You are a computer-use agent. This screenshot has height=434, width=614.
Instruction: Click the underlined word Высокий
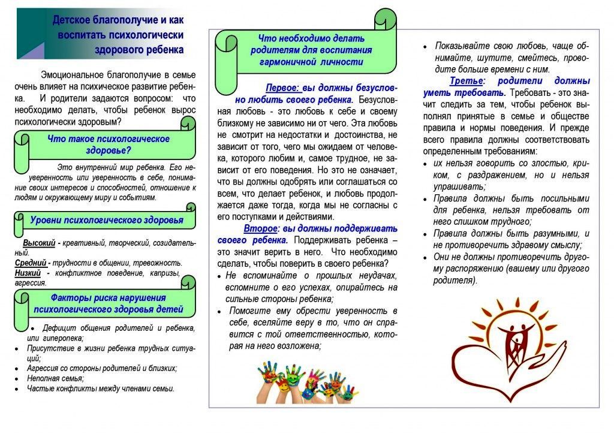(40, 244)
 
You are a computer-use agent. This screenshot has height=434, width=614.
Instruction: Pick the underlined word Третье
(466, 81)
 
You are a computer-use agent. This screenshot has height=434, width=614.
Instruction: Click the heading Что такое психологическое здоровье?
(108, 144)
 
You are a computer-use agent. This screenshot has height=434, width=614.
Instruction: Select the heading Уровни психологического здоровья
(107, 220)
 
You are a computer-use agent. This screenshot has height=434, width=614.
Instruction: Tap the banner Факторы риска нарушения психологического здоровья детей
(108, 304)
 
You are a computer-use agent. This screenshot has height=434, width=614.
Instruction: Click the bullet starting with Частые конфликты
(100, 388)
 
